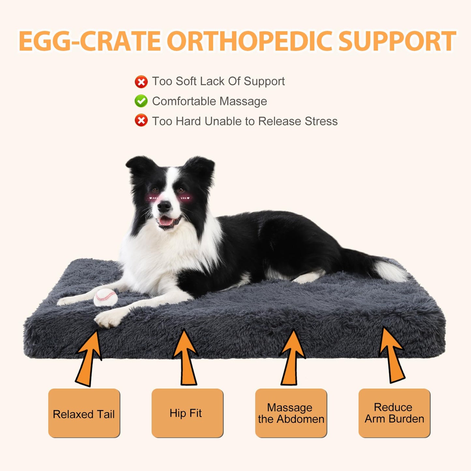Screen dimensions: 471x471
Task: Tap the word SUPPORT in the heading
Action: pos(397,41)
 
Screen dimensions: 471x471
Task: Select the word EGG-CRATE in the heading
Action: pos(90,41)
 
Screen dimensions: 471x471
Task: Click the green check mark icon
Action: pos(141,101)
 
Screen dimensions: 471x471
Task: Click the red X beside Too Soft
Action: pos(141,81)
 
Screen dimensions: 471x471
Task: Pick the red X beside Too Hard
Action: pos(141,121)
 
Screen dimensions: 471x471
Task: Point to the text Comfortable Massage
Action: pos(209,101)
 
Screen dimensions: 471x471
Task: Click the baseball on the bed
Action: pos(106,297)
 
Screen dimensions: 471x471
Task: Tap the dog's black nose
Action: pos(164,206)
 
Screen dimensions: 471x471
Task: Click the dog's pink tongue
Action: pos(166,222)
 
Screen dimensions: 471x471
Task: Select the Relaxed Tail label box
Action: pos(84,413)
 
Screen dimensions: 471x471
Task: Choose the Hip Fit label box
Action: pos(187,413)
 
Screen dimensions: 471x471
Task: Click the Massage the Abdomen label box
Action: pos(291,413)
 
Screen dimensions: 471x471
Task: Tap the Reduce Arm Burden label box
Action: pos(394,413)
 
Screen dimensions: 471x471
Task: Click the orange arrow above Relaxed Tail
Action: pos(89,359)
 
